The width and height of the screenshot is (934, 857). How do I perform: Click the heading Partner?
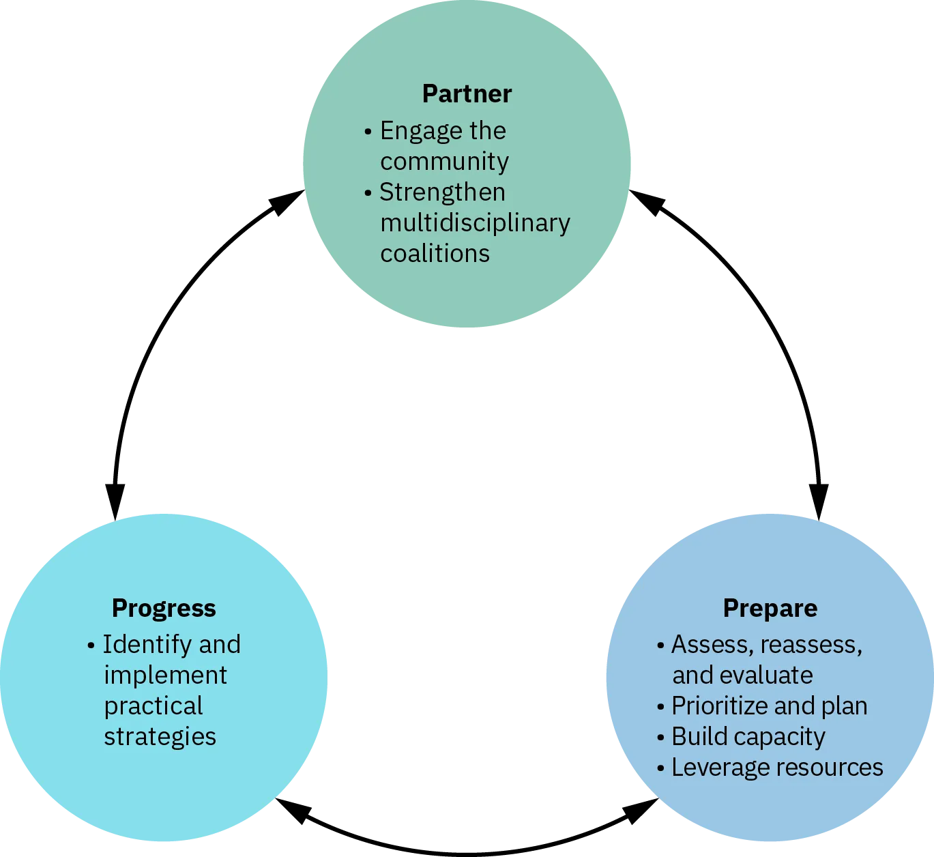pos(467,94)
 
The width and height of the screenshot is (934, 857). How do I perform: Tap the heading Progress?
pos(164,608)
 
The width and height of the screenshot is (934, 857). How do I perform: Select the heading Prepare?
pos(770,608)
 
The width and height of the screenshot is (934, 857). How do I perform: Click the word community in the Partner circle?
pos(444,162)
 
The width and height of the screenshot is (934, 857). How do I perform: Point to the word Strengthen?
pos(442,192)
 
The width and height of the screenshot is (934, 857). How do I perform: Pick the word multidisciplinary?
pos(475,223)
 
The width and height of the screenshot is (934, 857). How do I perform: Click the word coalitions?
pos(435,254)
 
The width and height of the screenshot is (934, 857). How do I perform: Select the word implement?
pos(165,676)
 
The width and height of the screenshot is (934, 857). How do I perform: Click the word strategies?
pos(160,737)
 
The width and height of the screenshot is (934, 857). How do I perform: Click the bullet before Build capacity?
pos(660,738)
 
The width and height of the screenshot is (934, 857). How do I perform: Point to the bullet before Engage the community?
pos(368,131)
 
